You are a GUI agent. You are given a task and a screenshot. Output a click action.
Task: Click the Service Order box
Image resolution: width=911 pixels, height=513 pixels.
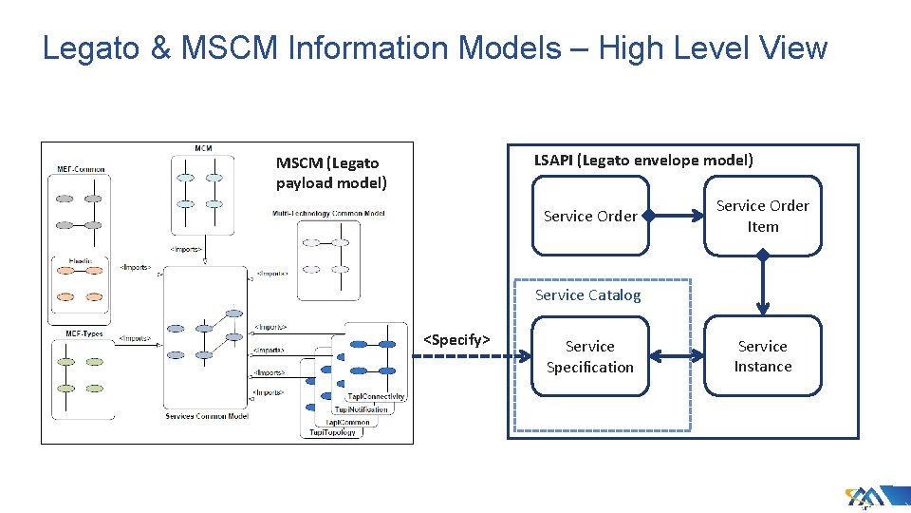coord(590,217)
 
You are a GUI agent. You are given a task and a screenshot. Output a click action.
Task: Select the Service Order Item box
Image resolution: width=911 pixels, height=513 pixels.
coord(762,217)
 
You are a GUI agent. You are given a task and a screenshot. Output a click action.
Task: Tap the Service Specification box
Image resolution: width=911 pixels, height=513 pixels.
coord(590,357)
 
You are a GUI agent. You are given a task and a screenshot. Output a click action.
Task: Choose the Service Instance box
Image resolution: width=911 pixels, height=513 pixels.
coord(762,356)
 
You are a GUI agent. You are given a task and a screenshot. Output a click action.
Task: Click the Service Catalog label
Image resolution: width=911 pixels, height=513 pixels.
coord(587,295)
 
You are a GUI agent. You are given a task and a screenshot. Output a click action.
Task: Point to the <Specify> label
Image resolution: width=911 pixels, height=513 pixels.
coord(456,339)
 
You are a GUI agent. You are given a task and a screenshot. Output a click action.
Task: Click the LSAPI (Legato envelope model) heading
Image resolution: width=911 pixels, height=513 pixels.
coord(643,160)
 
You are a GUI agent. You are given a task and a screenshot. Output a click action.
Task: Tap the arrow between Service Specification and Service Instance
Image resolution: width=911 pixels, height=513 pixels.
coord(678,357)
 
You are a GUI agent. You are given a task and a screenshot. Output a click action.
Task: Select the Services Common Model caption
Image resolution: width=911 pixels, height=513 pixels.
coord(206,416)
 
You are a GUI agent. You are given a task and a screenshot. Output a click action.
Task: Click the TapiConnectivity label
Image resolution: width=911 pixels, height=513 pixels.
coord(376,396)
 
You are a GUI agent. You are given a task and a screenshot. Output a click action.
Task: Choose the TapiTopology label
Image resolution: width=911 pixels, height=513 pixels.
coord(332,433)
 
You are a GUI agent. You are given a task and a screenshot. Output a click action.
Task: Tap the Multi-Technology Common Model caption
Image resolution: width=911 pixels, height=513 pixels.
coord(328,214)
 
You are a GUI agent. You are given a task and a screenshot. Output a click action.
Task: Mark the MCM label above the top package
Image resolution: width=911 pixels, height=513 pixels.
coord(203,148)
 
